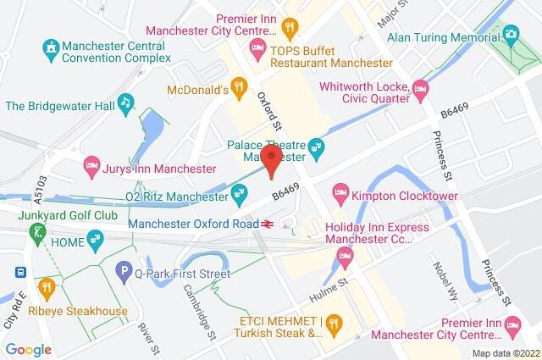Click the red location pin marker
pyautogui.click(x=271, y=161)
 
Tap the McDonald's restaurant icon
pyautogui.click(x=240, y=86)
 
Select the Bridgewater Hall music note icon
pyautogui.click(x=125, y=103)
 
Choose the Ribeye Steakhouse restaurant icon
pyautogui.click(x=46, y=287)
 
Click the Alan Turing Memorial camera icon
pyautogui.click(x=511, y=34)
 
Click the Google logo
pyautogui.click(x=29, y=349)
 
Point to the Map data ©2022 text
pyautogui.click(x=505, y=353)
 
